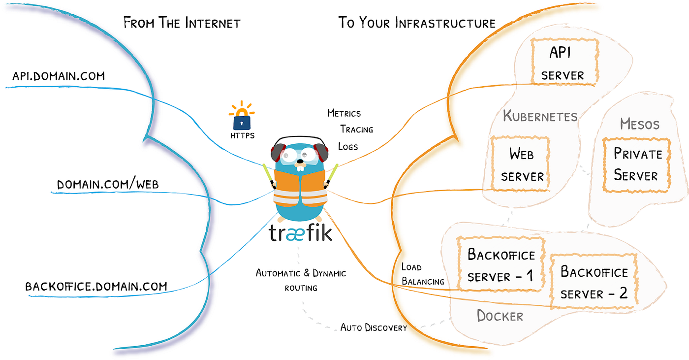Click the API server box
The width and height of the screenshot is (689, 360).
564,62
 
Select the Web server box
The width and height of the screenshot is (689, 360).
521,165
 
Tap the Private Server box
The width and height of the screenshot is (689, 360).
637,165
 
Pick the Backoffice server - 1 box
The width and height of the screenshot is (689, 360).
501,265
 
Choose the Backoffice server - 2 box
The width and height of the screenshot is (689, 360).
594,282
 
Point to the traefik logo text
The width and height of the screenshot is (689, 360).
301,233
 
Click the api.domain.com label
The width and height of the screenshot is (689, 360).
59,76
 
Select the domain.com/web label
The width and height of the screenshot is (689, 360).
108,185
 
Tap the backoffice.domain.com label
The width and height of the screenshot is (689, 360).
96,286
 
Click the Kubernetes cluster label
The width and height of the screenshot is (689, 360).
540,117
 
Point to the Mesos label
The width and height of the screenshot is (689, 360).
640,124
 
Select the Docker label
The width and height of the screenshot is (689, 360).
500,316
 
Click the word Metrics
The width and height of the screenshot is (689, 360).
344,113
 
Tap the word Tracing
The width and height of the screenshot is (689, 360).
356,130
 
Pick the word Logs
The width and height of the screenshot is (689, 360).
348,146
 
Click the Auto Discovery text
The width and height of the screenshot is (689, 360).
374,327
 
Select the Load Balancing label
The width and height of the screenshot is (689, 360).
422,274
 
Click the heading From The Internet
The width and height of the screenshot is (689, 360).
182,23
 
